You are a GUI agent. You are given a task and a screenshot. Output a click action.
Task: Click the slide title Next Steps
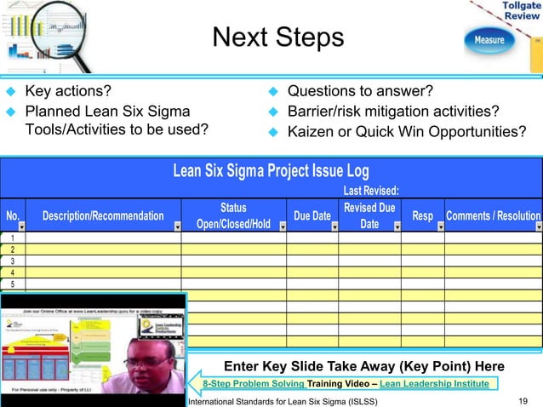[x=277, y=37]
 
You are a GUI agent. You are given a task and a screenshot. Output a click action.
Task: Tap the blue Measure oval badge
[x=489, y=40]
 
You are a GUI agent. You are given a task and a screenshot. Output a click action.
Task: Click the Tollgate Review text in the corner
[x=520, y=11]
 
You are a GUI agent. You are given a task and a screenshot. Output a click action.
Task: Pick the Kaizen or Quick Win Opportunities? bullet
[x=406, y=132]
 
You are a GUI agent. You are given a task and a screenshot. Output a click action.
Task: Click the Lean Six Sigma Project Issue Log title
[x=271, y=170]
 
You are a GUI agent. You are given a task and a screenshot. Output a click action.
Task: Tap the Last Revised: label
[x=370, y=191]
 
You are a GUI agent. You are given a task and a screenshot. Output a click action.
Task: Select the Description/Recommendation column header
[x=102, y=216]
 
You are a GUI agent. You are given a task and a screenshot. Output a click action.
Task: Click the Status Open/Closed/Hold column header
[x=232, y=216]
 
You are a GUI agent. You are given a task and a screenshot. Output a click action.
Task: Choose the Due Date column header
[x=312, y=216]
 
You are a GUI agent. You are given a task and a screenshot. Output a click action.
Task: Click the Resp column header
[x=422, y=216]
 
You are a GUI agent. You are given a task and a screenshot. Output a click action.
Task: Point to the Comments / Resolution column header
[x=493, y=216]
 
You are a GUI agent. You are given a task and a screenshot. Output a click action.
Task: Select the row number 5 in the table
[x=13, y=284]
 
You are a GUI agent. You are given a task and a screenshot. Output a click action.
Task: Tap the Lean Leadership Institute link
[x=434, y=384]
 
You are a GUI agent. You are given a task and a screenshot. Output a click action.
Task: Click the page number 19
[x=523, y=400]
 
